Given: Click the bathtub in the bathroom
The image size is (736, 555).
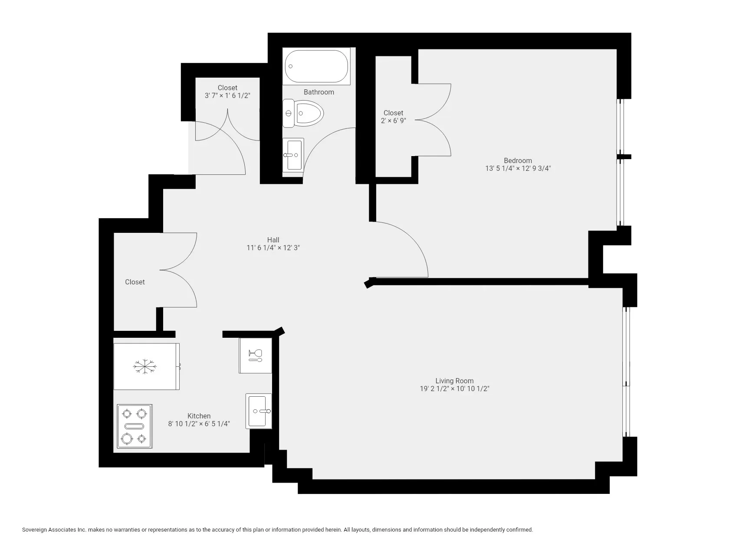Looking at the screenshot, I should (x=317, y=66).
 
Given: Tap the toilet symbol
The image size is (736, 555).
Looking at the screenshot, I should (x=303, y=114).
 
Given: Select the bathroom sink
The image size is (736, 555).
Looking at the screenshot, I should (x=293, y=155).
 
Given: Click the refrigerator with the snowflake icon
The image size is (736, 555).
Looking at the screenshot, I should (x=146, y=366).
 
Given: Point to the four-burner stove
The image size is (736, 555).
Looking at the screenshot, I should (x=135, y=426).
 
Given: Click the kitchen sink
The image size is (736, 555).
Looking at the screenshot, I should (x=259, y=411).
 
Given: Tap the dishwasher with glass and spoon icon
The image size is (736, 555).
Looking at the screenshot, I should (x=255, y=356).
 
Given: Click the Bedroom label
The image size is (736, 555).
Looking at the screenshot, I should (x=518, y=160).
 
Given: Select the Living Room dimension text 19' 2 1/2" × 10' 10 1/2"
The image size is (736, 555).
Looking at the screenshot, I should (x=454, y=389).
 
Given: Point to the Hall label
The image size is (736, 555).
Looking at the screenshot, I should (x=273, y=240).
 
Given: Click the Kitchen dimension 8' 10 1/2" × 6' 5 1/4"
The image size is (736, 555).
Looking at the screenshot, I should (x=199, y=424).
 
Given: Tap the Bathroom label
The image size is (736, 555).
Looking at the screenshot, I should (x=319, y=92).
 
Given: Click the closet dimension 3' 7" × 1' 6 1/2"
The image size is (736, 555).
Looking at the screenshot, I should (x=227, y=95).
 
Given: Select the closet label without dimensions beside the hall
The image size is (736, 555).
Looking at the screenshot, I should (x=135, y=282).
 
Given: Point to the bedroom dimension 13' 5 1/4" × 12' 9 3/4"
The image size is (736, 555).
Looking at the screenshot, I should (x=518, y=169).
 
